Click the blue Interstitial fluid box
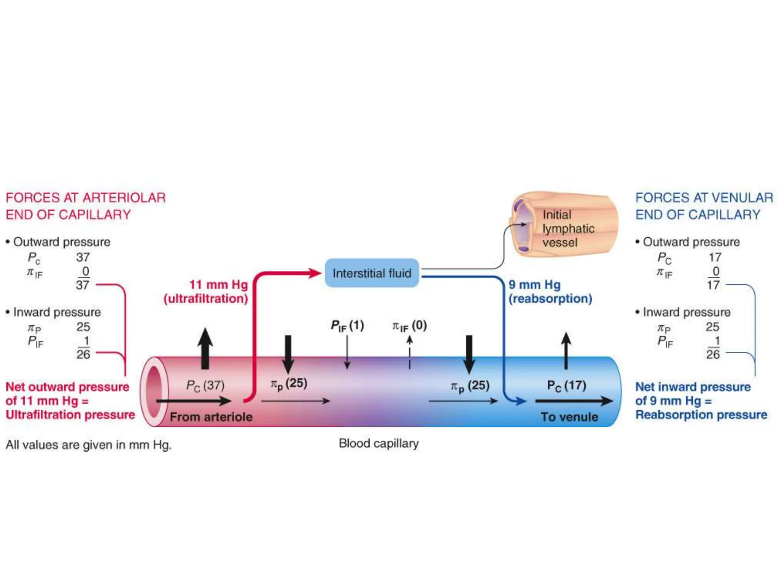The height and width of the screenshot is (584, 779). [x=372, y=273]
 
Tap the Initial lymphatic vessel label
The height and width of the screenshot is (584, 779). [x=568, y=229]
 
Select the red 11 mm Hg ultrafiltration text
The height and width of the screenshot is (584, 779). [x=206, y=292]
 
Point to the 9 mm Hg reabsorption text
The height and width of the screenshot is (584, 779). [x=550, y=292]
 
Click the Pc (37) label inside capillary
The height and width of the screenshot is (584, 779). [x=205, y=385]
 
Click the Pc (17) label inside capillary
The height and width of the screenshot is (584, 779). [x=566, y=385]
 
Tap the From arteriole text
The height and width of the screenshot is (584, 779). [x=211, y=417]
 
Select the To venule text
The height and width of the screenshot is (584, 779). [x=569, y=417]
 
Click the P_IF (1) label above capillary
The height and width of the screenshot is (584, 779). [x=347, y=326]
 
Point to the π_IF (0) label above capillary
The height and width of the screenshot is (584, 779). [x=409, y=326]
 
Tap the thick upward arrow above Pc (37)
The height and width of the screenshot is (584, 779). [x=205, y=348]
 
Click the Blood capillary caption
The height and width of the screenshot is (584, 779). [x=378, y=443]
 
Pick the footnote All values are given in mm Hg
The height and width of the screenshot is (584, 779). [x=89, y=444]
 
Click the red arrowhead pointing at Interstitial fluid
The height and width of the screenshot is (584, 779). [x=315, y=273]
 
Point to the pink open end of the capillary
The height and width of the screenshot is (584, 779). [x=154, y=392]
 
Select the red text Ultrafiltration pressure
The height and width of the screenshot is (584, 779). [x=70, y=414]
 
